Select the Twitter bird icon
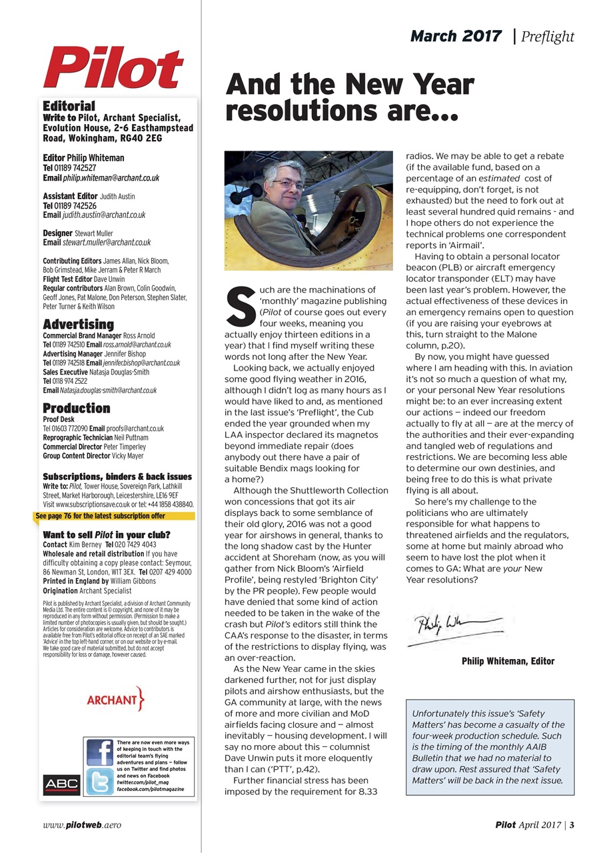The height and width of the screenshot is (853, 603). tap(99, 781)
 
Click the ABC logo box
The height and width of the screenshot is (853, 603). tap(61, 784)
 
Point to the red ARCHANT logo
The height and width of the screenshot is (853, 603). tap(115, 700)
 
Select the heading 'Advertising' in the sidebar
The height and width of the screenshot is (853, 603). tap(78, 325)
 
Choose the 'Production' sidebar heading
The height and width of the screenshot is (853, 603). tap(76, 408)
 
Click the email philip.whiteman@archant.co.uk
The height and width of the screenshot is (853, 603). tap(111, 179)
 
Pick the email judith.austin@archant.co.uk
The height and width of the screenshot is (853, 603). tap(104, 215)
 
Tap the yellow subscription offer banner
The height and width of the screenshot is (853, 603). tap(100, 516)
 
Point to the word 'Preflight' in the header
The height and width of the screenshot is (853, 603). tap(548, 37)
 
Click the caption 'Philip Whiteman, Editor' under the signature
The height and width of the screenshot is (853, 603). tap(508, 661)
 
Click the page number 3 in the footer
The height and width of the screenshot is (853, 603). tap(572, 825)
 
